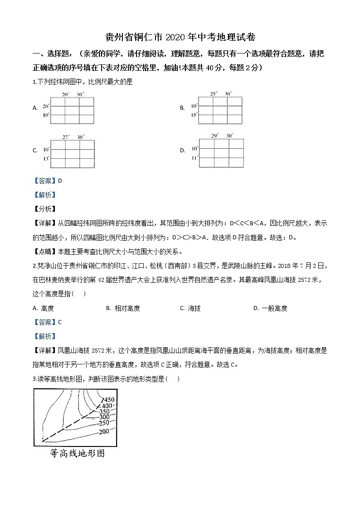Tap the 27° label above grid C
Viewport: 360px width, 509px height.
click(66, 136)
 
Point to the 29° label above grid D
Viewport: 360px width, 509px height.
click(215, 135)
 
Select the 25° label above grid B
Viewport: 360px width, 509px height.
click(214, 93)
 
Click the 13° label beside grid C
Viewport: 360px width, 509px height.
click(46, 159)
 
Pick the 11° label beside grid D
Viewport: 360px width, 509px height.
click(195, 158)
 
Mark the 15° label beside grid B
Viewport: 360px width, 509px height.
click(195, 115)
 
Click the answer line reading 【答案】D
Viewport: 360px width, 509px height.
click(47, 180)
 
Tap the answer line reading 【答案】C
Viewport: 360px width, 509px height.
click(47, 322)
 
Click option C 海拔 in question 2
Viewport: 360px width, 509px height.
click(194, 308)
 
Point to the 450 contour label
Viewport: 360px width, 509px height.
click(109, 399)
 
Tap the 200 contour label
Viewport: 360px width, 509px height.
click(104, 431)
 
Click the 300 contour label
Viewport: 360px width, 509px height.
click(104, 417)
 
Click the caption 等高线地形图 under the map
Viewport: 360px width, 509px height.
click(78, 453)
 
